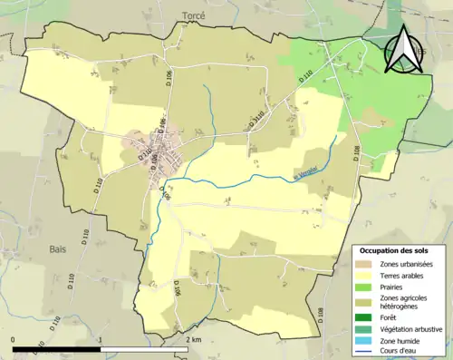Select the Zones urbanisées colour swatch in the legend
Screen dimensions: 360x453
coord(367,263)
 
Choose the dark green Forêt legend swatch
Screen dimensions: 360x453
coord(367,316)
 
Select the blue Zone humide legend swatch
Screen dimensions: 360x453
coord(367,341)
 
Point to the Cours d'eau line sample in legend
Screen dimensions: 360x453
coord(367,353)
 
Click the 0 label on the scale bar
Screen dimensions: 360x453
coord(14,339)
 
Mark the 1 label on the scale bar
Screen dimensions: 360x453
coord(101,339)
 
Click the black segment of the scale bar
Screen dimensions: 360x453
coord(56,348)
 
